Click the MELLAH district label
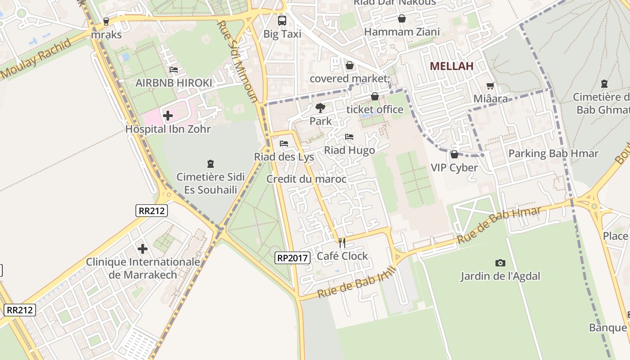click(x=451, y=66)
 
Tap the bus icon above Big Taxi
click(x=282, y=20)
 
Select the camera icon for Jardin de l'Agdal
click(x=500, y=263)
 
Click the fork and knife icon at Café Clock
click(x=342, y=243)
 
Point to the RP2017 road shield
click(x=292, y=258)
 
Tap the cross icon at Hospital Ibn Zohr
click(x=168, y=116)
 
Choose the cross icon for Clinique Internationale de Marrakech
click(x=143, y=248)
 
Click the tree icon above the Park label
click(x=320, y=108)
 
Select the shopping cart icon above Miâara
click(x=490, y=85)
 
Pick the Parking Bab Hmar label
click(x=553, y=153)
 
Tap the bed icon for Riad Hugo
click(x=349, y=137)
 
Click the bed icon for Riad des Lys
click(x=284, y=144)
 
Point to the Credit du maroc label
click(x=306, y=179)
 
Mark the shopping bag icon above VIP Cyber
click(x=454, y=154)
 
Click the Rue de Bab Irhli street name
click(x=356, y=282)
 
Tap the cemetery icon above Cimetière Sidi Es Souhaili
click(x=210, y=164)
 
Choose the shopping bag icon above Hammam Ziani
click(x=401, y=18)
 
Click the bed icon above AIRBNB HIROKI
click(x=174, y=70)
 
